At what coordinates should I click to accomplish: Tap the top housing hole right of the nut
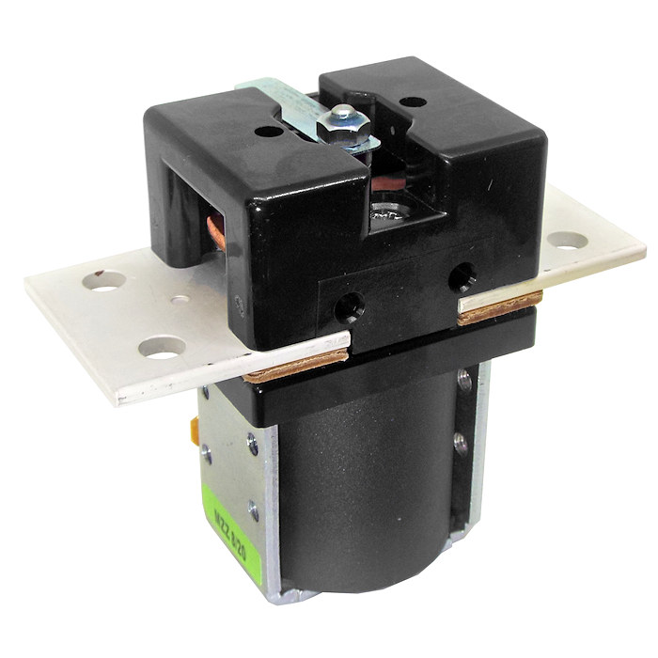pos(411,102)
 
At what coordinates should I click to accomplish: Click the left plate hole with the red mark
pos(106,280)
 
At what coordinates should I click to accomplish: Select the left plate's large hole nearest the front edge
pos(161,349)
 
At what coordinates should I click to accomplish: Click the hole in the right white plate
pos(567,239)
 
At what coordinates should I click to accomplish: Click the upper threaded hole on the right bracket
pos(464,381)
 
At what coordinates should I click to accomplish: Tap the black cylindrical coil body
pos(367,489)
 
